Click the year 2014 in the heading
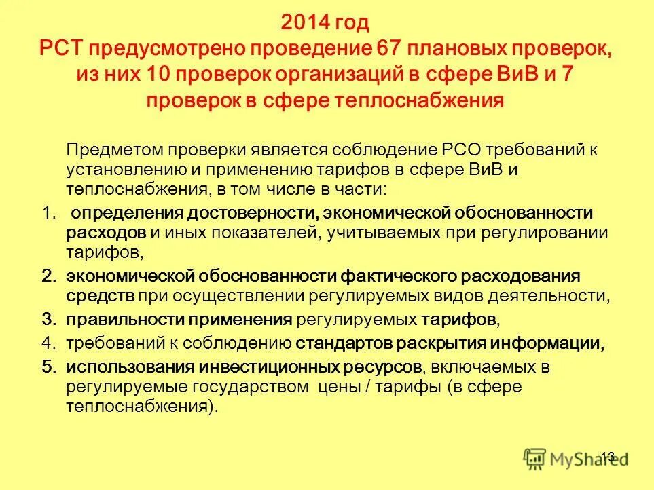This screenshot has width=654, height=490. tap(304, 24)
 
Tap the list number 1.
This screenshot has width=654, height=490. tap(47, 213)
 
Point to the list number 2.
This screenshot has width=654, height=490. tap(47, 276)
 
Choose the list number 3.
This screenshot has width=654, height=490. tap(47, 319)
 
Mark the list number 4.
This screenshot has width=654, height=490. tap(47, 343)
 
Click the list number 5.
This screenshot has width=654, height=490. tap(47, 367)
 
